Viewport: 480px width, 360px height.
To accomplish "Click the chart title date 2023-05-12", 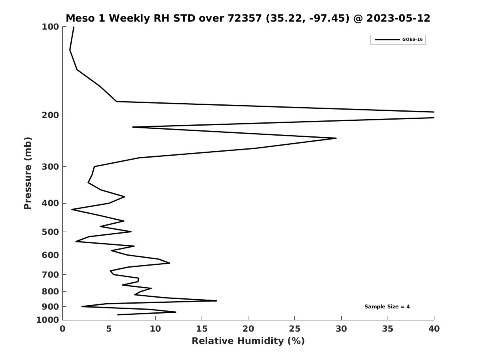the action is pos(398,18).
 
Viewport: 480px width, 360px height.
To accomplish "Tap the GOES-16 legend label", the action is pos(412,40).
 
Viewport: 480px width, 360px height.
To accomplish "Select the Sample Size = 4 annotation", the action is pos(387,307).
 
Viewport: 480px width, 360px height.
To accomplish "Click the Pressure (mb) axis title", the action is pos(28,173).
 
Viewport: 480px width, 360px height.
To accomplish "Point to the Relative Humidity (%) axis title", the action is pos(248,341).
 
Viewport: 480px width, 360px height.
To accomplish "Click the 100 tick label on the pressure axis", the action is pos(50,27).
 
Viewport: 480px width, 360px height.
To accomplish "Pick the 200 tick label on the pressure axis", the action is pos(50,115).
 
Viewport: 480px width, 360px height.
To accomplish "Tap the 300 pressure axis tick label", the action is pos(50,167).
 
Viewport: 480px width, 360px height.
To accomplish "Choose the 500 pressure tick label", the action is pos(50,232).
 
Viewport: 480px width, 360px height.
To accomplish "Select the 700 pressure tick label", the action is pos(50,274).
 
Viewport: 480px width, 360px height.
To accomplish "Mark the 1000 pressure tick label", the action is pos(48,320).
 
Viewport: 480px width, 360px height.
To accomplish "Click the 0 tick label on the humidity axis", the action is pos(62,329).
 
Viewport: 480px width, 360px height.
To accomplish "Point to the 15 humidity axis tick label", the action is pos(202,329).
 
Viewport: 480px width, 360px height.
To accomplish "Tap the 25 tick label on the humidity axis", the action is pos(294,329).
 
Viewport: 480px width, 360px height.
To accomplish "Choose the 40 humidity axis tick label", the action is pos(434,329).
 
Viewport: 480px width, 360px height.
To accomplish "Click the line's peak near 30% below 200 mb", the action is pos(336,138).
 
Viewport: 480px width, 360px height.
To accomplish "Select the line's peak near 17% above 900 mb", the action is pos(216,301).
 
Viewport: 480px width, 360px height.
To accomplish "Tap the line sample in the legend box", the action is pos(387,40).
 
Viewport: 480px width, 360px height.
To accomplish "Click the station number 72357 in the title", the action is pos(244,18).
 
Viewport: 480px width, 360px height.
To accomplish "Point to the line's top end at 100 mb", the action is pos(74,27).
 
